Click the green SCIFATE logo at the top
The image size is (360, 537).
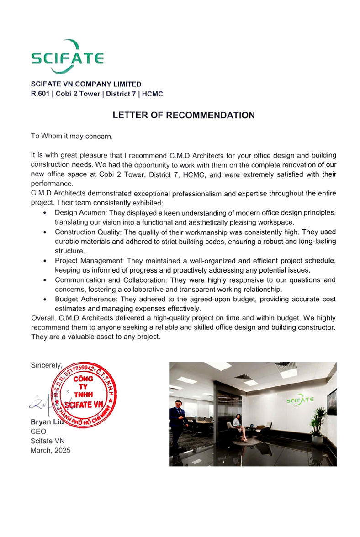pos(67,57)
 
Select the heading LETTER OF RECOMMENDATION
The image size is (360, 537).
pos(184,115)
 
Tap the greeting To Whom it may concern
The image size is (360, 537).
pos(71,136)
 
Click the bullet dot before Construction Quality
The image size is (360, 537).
pos(44,232)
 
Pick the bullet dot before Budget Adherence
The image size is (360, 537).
pos(44,300)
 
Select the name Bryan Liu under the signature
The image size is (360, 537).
pos(46,422)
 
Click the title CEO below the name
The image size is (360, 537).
pos(38,431)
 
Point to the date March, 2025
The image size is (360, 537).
pos(50,450)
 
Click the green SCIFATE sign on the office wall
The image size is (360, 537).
pos(300,400)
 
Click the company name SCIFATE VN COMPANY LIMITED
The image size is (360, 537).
pos(86,84)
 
